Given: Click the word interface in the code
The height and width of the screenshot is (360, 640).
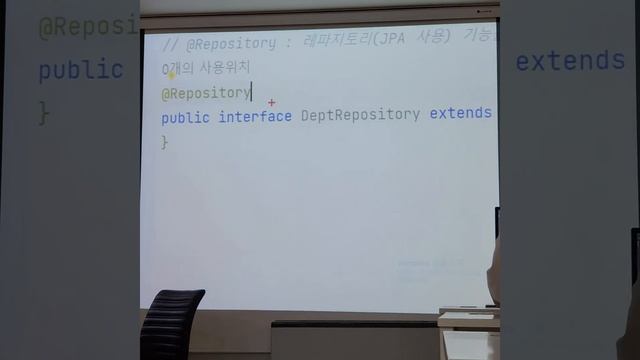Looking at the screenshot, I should coord(255,115).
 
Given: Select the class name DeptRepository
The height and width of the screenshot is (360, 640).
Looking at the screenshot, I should coord(360,115).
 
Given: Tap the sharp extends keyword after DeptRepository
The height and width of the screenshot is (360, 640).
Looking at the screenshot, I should coord(461,114).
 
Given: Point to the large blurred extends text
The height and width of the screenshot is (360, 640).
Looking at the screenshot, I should coord(569,61).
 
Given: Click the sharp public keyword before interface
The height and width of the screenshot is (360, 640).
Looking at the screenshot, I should coord(185,115).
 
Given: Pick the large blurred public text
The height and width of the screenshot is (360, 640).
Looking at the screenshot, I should coord(80,70).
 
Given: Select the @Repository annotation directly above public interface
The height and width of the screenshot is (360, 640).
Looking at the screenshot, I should coord(205,93).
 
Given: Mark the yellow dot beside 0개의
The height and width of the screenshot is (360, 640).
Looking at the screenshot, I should coord(172,72).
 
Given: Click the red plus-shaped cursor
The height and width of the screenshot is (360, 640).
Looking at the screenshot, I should coord(271,102).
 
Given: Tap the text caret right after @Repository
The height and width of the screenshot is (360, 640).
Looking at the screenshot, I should coord(251,93).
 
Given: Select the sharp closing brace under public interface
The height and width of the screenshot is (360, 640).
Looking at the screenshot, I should coord(165,141).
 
